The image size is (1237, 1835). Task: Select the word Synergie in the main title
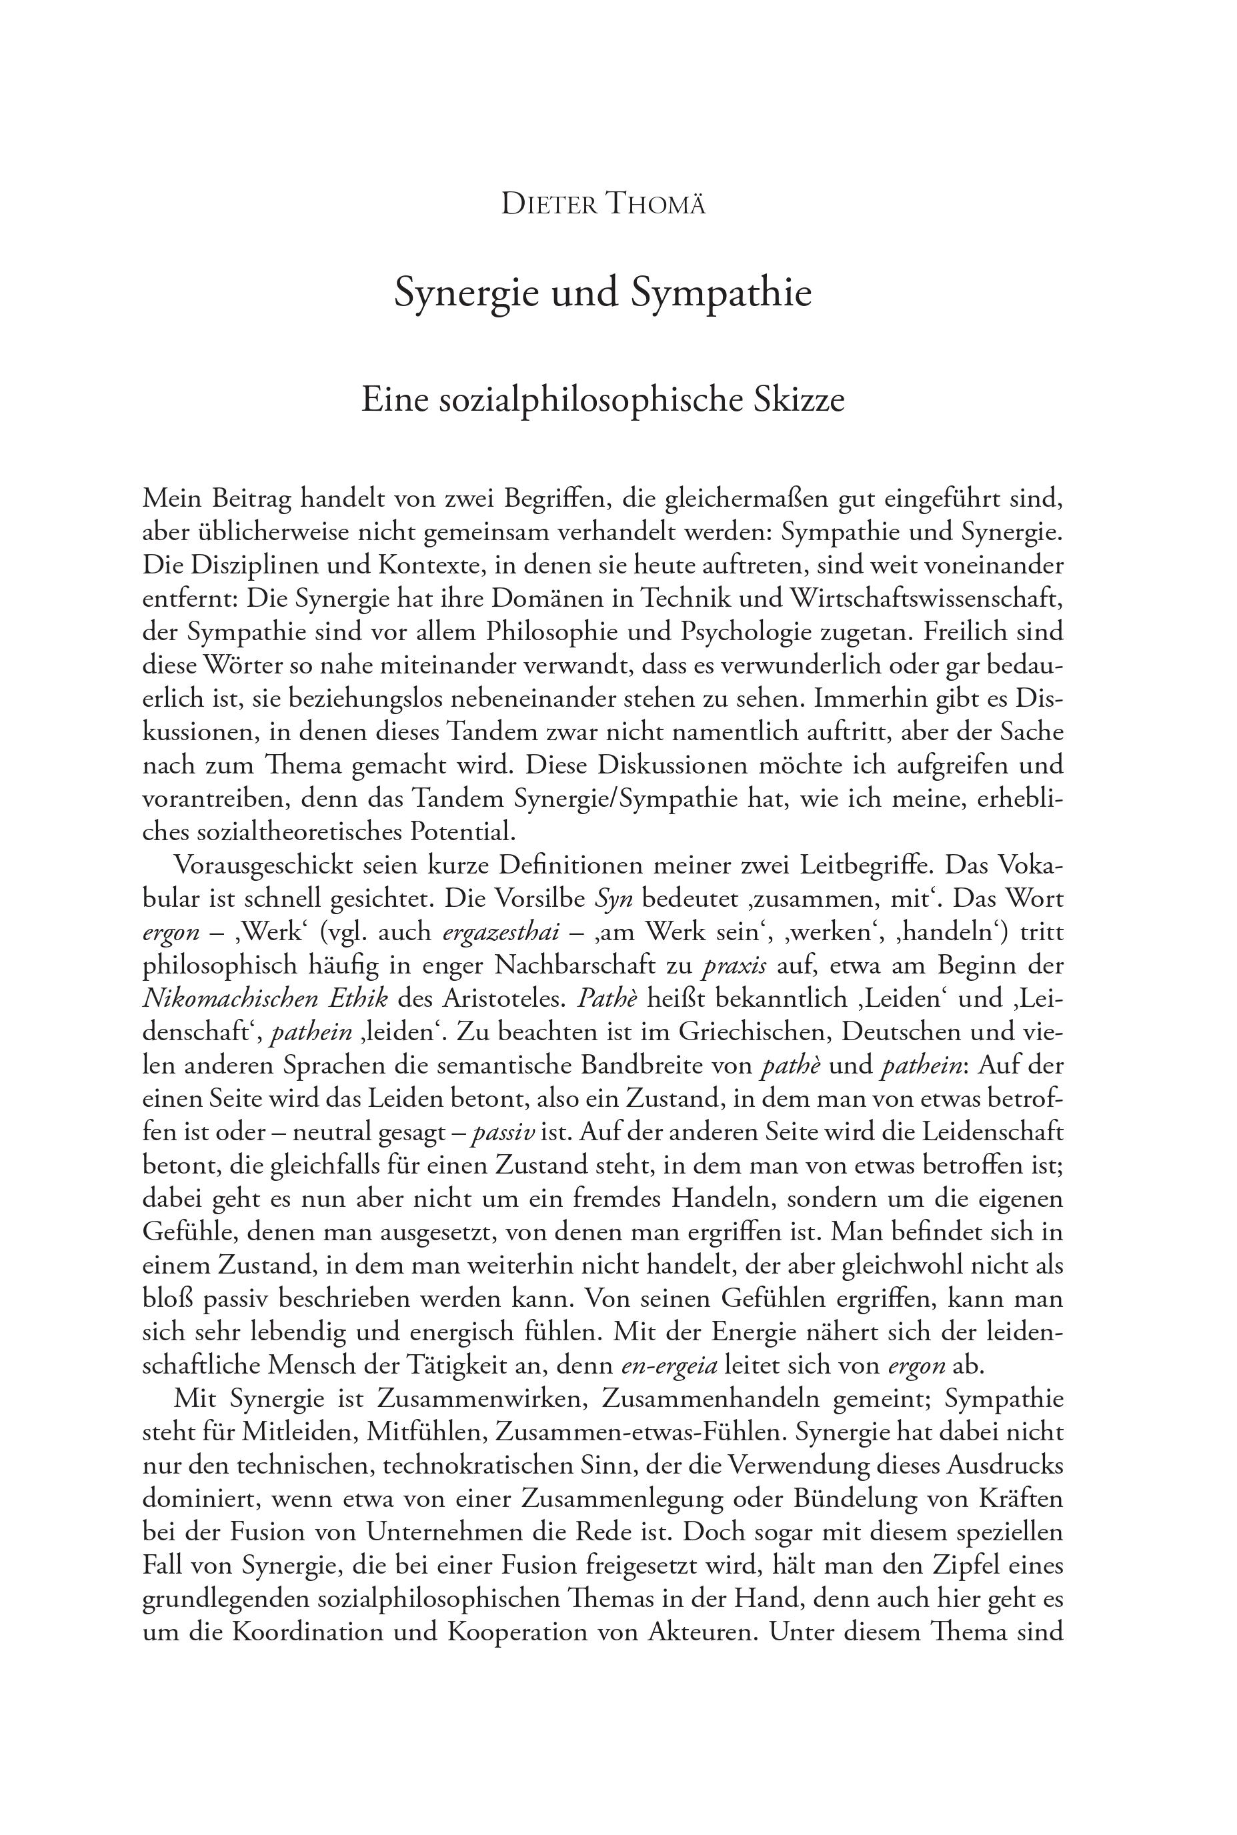[466, 293]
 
